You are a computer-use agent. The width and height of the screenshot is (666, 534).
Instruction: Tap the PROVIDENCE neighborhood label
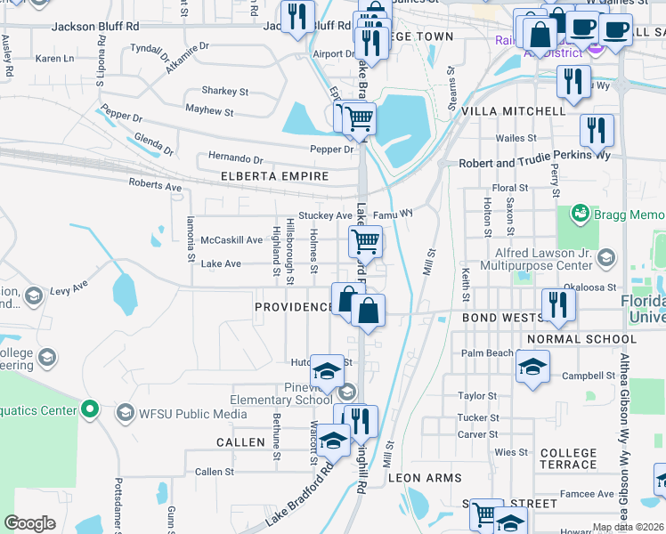tap(293, 307)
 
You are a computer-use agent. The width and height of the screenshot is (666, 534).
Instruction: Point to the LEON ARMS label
tap(425, 478)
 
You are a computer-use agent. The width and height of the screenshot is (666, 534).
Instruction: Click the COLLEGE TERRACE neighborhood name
tap(568, 458)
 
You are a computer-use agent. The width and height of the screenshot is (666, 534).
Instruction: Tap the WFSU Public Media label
tap(186, 413)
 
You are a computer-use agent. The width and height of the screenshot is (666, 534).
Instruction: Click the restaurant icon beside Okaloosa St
tap(558, 303)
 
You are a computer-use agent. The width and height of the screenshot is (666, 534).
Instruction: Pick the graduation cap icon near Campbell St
tap(532, 366)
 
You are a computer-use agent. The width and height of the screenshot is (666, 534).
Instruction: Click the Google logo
tap(29, 522)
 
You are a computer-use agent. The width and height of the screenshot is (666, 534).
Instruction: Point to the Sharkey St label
tap(224, 91)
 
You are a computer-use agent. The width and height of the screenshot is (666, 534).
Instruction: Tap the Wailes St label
tap(516, 138)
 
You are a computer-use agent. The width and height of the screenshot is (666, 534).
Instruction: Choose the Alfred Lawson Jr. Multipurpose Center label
tap(536, 258)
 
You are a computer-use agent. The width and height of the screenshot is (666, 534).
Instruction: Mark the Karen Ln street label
tap(55, 59)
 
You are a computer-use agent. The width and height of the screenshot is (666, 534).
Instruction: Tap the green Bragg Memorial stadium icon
tap(581, 214)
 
